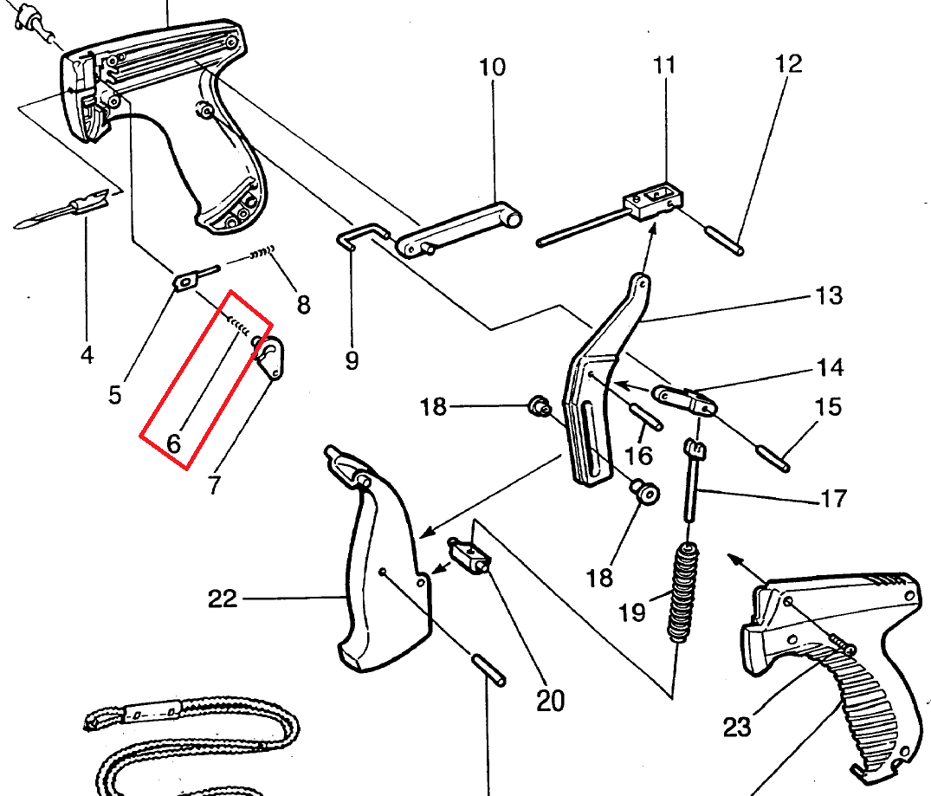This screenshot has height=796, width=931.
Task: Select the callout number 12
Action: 788,63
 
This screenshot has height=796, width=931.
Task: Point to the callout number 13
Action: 829,295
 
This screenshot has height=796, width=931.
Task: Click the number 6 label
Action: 173,444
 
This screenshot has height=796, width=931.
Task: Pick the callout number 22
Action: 223,598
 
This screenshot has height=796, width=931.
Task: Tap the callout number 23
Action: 737,727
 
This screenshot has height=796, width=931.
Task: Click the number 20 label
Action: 550,700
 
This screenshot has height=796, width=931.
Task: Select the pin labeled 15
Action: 772,456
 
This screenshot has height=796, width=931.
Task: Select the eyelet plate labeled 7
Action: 275,357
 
